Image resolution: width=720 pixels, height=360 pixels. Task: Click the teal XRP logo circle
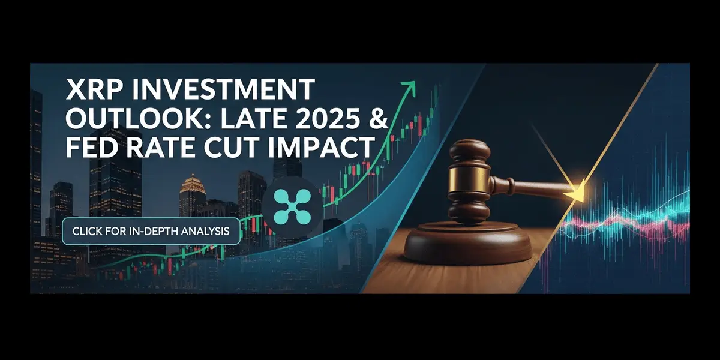point(292,205)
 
